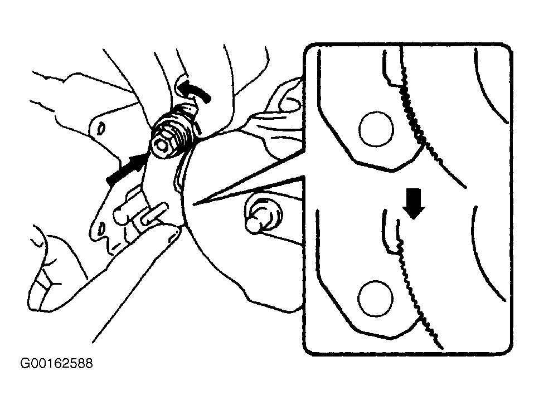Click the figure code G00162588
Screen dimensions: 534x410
[x=56, y=363]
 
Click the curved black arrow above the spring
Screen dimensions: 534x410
[x=192, y=88]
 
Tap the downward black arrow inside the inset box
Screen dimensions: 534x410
[x=413, y=203]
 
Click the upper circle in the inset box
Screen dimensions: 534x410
[x=376, y=129]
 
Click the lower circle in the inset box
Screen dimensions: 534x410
[x=375, y=299]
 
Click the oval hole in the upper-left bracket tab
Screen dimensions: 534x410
[x=101, y=129]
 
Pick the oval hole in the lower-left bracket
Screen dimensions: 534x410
[x=101, y=228]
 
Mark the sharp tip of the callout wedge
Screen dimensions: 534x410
[x=193, y=204]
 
